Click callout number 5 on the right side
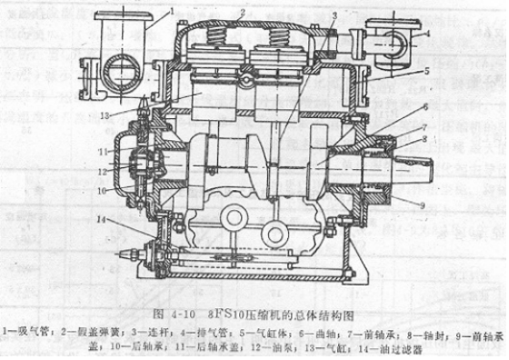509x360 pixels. coord(426,71)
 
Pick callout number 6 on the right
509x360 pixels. coord(425,107)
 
